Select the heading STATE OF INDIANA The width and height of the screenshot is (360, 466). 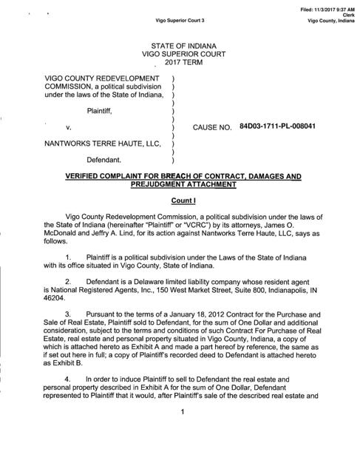click(x=180, y=47)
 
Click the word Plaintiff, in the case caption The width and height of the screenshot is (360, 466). click(x=103, y=111)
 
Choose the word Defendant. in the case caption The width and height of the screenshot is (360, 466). click(x=109, y=159)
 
